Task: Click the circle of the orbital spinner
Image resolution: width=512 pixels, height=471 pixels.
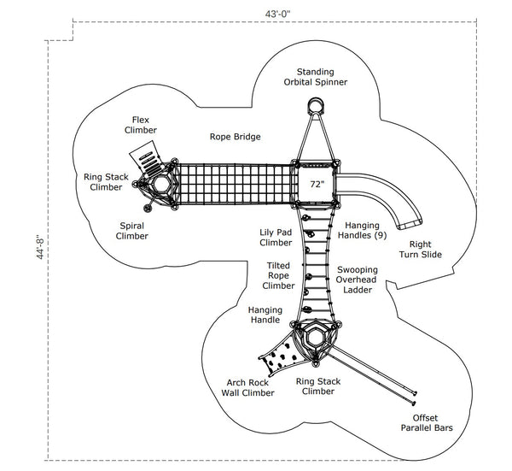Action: coord(316,106)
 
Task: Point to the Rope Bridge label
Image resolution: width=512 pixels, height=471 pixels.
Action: coord(235,136)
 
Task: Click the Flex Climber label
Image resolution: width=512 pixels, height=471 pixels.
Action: coord(143,125)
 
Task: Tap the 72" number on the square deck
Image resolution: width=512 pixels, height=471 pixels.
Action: coord(317,183)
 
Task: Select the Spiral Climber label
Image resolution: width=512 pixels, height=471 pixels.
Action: coord(131,230)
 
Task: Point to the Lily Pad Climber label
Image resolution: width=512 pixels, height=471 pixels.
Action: coord(276,237)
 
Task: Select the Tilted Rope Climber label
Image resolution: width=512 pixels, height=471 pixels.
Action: coord(279,275)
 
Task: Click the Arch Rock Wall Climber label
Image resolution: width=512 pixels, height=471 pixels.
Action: coord(250,388)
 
